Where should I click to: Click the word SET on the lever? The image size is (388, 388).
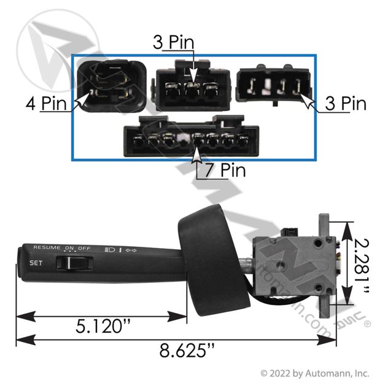click(x=36, y=263)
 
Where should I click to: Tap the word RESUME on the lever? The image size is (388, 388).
click(x=47, y=247)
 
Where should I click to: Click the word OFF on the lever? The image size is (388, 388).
click(x=84, y=247)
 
